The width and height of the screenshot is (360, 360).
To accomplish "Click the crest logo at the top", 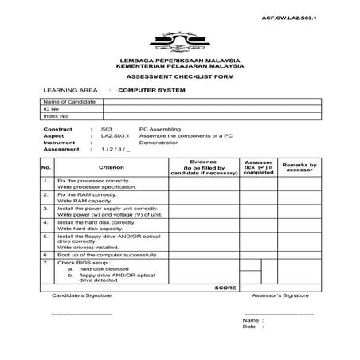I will pyautogui.click(x=180, y=43).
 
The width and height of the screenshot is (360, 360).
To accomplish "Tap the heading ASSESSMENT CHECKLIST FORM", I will pyautogui.click(x=180, y=77).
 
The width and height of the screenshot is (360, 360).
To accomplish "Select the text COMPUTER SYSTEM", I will pyautogui.click(x=151, y=91).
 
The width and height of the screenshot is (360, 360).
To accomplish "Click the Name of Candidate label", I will pyautogui.click(x=63, y=103).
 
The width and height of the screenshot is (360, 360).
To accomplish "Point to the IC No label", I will pyautogui.click(x=52, y=109).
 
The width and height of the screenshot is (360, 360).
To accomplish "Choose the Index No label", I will pyautogui.click(x=56, y=116).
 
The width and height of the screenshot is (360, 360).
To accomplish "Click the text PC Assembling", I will pyautogui.click(x=160, y=128).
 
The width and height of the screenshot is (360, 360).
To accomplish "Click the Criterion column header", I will pyautogui.click(x=112, y=167).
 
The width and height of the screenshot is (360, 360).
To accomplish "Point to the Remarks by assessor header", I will pyautogui.click(x=300, y=167).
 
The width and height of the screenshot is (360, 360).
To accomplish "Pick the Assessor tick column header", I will pyautogui.click(x=259, y=167).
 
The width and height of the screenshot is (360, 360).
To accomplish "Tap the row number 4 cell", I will pyautogui.click(x=47, y=225).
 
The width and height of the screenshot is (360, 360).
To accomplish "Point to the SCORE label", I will pyautogui.click(x=226, y=287).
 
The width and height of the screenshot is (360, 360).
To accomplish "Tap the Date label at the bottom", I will pyautogui.click(x=249, y=326).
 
